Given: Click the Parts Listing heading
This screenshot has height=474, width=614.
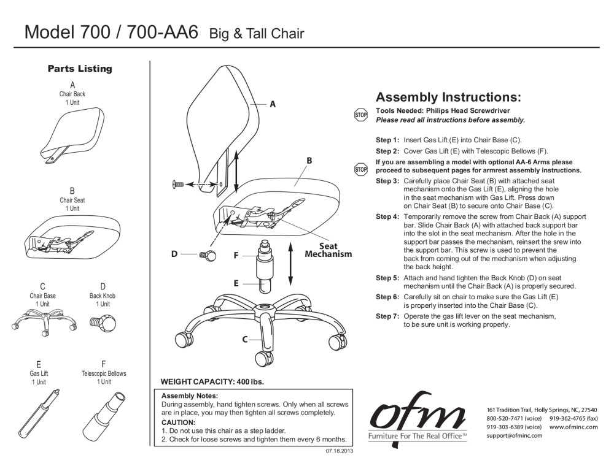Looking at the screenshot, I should click(80, 69).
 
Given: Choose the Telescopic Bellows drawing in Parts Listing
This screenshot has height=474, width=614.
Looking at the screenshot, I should click(105, 412).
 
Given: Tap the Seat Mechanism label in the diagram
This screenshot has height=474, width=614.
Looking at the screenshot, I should click(328, 250).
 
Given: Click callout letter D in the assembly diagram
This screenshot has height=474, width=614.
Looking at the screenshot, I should click(175, 254).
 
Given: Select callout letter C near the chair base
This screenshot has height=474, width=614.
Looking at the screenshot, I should click(244, 339).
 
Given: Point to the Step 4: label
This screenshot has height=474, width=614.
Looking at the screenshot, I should click(387, 217).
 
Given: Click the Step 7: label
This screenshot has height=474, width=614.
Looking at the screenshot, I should click(387, 316).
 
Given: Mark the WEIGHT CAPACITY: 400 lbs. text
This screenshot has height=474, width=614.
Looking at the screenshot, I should click(211, 382).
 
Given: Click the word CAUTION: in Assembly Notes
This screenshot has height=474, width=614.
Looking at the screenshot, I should click(178, 423).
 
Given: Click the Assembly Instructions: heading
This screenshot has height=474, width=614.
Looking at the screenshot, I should click(448, 97).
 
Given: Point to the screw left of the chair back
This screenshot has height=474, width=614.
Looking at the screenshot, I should click(179, 184).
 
